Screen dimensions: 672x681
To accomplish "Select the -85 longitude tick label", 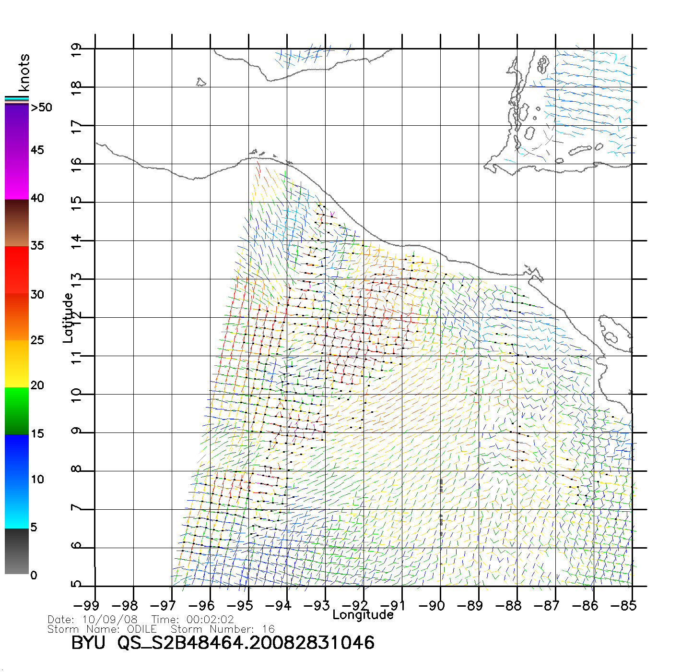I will [623, 606].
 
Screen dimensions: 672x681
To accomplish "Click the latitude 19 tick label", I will [76, 50].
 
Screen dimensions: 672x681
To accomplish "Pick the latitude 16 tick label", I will [76, 164].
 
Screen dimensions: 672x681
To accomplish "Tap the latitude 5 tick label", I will [76, 584].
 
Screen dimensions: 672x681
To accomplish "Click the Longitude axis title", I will [363, 615].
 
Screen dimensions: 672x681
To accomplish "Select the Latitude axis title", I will [68, 317].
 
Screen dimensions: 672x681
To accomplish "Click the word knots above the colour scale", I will [23, 72].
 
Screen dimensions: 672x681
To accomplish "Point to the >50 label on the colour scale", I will [41, 108].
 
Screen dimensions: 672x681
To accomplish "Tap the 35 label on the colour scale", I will [37, 246].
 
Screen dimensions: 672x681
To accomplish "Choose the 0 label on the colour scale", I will [34, 575].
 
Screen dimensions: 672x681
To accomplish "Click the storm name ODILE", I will [142, 629].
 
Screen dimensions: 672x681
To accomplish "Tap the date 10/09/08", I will [110, 620].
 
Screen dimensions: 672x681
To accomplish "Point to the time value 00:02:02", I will [210, 620].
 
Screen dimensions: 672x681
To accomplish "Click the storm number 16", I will [268, 629].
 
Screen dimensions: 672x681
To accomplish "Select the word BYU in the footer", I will [88, 643].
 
